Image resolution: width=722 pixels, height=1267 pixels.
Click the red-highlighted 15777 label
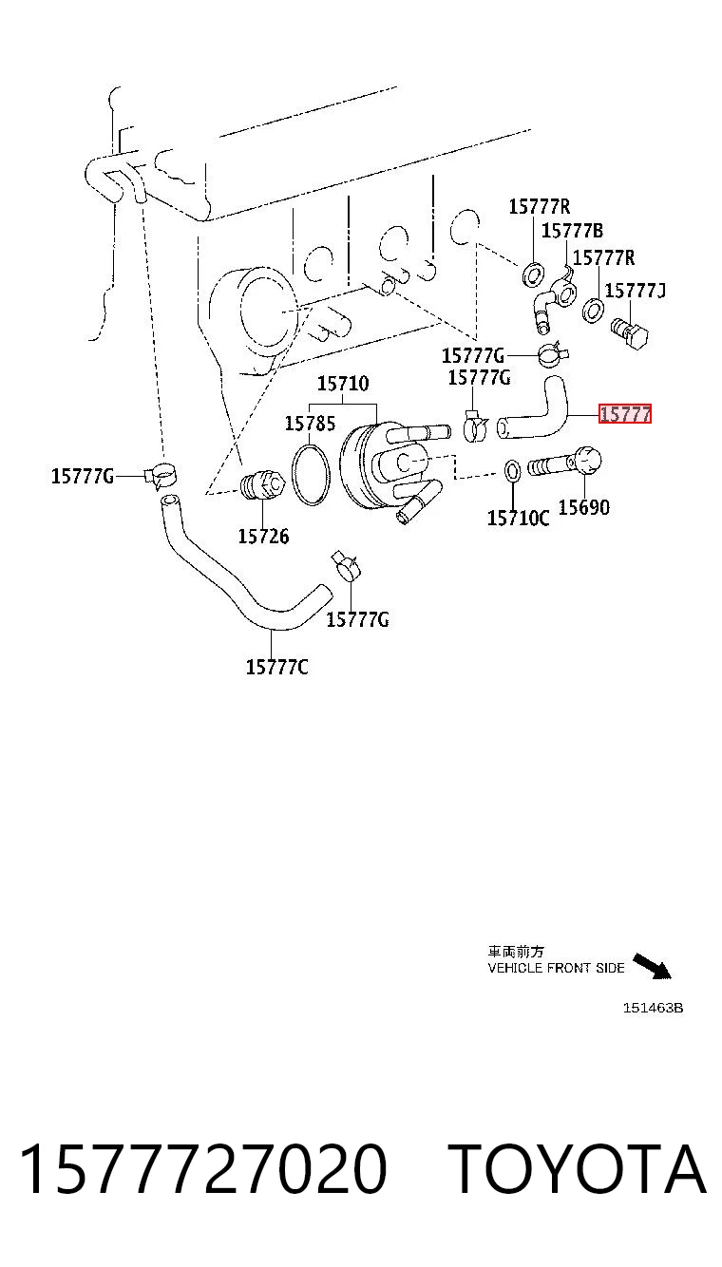click(x=625, y=414)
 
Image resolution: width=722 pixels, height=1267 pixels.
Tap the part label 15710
click(x=343, y=383)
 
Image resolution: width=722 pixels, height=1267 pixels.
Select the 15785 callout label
click(x=310, y=423)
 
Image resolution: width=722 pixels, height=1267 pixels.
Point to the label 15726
click(x=263, y=536)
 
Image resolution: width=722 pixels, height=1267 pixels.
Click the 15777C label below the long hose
click(x=277, y=667)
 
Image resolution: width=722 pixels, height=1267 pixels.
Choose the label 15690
click(x=584, y=507)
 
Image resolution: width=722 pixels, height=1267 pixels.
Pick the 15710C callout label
click(x=519, y=518)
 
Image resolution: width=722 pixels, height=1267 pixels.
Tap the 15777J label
click(x=635, y=291)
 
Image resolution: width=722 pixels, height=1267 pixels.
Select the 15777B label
click(x=573, y=230)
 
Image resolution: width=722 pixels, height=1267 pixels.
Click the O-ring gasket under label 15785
click(x=311, y=475)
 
